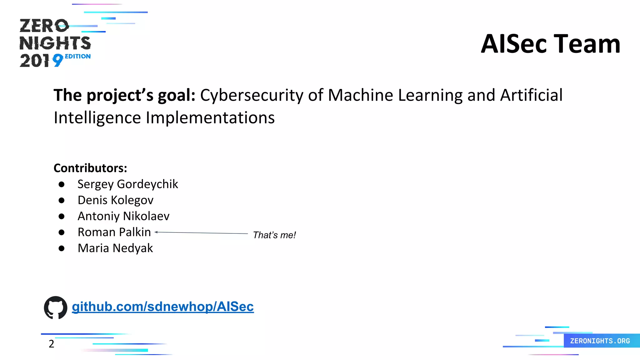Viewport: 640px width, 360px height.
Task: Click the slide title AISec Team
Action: (550, 44)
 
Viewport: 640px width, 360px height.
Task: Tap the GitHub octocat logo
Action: (56, 307)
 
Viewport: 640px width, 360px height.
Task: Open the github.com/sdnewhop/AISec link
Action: (162, 307)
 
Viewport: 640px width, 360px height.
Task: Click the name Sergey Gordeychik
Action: (127, 184)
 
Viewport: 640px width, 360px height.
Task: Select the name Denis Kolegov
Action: (115, 200)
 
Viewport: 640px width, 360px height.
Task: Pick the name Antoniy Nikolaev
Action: (123, 216)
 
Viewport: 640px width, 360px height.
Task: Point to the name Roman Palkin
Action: (114, 232)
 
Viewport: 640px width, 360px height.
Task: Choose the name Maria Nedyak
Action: (115, 248)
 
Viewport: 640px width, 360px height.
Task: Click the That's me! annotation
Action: (274, 235)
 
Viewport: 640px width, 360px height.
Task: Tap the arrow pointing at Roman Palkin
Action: (201, 233)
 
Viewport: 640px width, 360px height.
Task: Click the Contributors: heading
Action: (90, 168)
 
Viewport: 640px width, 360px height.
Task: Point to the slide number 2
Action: (51, 344)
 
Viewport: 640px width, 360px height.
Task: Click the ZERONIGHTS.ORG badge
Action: (600, 341)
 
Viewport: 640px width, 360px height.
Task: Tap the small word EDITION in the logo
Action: (77, 56)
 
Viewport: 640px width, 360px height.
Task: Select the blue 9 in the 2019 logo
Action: (58, 60)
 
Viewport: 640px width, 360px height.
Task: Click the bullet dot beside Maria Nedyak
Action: (62, 248)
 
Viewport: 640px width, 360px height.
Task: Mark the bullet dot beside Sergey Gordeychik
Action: (62, 184)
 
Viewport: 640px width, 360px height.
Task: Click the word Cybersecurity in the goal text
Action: (252, 95)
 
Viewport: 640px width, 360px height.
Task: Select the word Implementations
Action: (210, 118)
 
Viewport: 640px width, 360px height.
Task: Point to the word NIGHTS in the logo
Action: (55, 43)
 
